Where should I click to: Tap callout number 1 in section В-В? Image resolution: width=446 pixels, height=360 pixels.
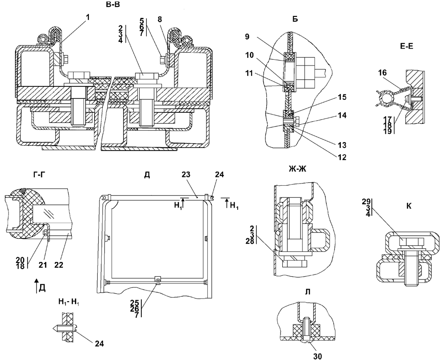point(87,17)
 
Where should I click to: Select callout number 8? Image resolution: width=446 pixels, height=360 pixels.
point(160,19)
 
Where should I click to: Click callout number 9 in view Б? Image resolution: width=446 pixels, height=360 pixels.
point(247,37)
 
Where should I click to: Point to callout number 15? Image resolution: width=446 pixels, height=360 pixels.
point(342,97)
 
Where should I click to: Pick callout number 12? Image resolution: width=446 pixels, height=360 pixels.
point(342,157)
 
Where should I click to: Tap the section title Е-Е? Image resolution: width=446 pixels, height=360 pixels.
point(406,46)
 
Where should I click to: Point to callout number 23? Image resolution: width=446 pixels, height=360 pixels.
point(186,175)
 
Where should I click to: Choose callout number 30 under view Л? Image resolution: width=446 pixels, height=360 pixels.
point(317,356)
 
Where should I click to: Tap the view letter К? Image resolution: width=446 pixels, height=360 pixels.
point(409,206)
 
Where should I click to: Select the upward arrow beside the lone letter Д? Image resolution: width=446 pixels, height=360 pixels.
point(36,286)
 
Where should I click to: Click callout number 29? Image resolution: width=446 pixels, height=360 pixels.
point(366,201)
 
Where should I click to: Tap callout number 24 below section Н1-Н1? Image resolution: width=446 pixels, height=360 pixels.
point(99,344)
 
